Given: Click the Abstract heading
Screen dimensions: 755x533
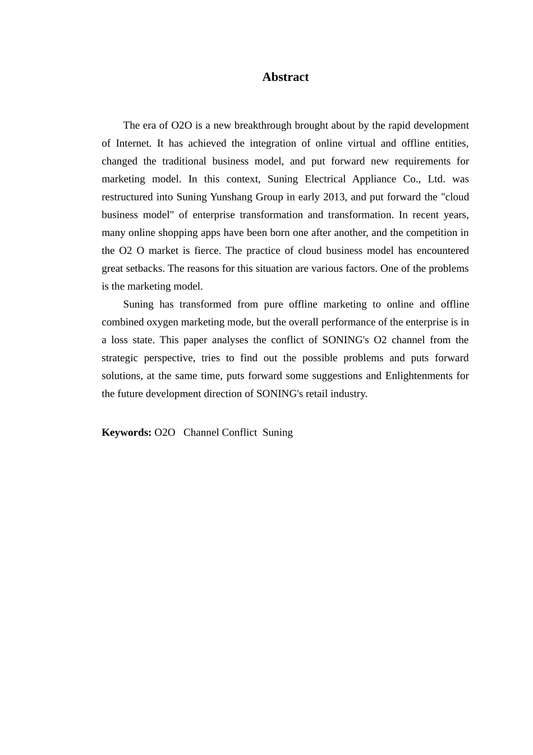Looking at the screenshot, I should click(285, 77).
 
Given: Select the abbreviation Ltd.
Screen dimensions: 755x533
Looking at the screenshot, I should click(436, 179).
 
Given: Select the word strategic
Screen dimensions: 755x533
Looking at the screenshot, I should click(120, 358).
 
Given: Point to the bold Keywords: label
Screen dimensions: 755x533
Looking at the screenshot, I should click(126, 433).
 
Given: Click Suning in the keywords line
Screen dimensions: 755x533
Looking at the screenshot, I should click(278, 433).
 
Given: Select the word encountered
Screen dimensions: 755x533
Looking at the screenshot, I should click(442, 251).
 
